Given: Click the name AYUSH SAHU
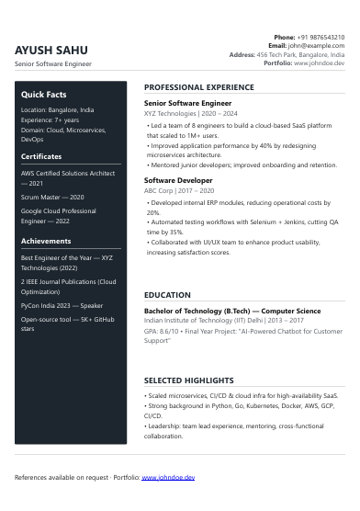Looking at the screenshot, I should [x=51, y=50].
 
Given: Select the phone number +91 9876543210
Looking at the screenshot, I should [x=321, y=37].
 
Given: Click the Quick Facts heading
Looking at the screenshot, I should [x=44, y=95].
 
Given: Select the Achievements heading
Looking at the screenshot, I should [x=46, y=241].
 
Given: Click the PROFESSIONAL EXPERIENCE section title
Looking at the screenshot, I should [x=199, y=87].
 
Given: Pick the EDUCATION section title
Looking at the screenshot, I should [x=167, y=295].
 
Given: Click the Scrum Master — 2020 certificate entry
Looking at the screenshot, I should [x=52, y=198].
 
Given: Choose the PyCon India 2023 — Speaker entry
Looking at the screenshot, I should [x=62, y=305].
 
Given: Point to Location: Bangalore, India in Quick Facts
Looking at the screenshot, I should [x=57, y=109].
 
